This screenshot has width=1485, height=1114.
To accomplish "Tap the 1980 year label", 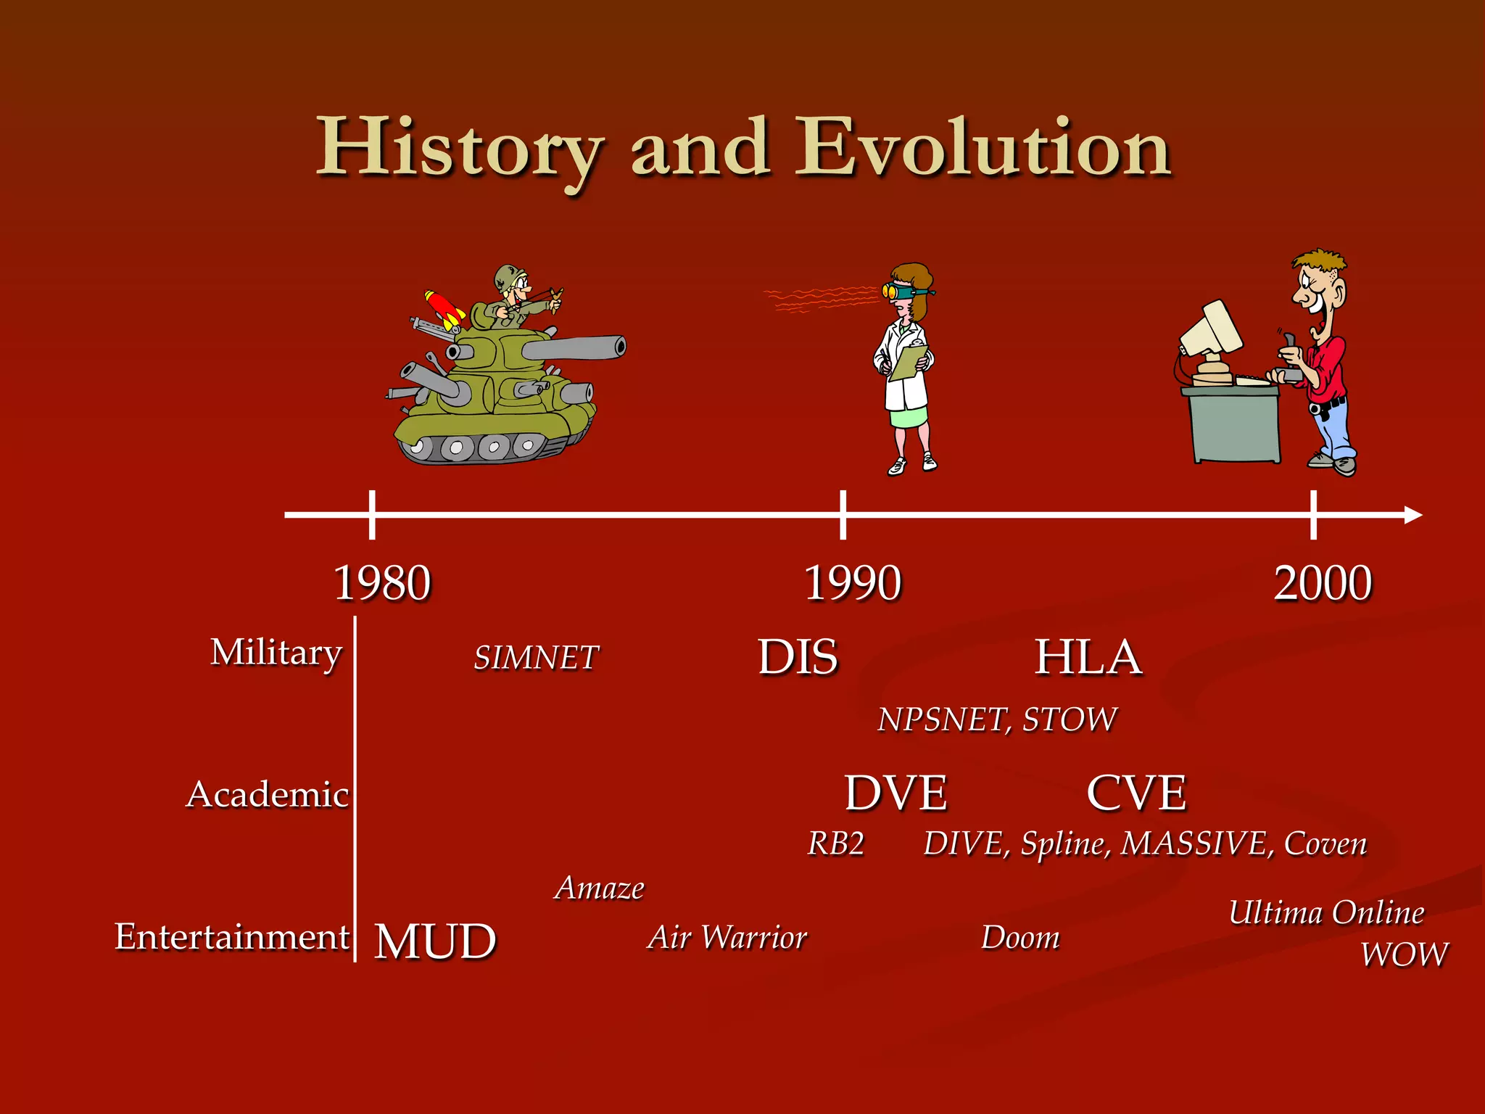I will pyautogui.click(x=382, y=583).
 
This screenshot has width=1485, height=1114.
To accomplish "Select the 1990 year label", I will pyautogui.click(x=853, y=583).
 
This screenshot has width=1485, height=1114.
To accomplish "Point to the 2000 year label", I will pyautogui.click(x=1323, y=583).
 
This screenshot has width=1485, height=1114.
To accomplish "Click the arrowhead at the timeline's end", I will pyautogui.click(x=1414, y=515).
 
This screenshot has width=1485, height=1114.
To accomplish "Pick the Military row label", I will pyautogui.click(x=276, y=653).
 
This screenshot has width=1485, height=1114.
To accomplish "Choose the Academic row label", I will pyautogui.click(x=268, y=794).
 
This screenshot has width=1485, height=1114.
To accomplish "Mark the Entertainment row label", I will pyautogui.click(x=232, y=936).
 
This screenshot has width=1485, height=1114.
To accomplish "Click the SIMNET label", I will pyautogui.click(x=536, y=658).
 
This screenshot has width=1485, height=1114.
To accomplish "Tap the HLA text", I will pyautogui.click(x=1088, y=657).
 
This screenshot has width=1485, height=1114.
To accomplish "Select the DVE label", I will pyautogui.click(x=896, y=793).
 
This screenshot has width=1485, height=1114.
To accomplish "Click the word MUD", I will pyautogui.click(x=435, y=941).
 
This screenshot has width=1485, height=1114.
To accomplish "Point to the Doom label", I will pyautogui.click(x=1020, y=938).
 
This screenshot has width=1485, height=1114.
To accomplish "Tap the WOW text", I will pyautogui.click(x=1404, y=954).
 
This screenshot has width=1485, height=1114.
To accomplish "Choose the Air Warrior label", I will pyautogui.click(x=727, y=938).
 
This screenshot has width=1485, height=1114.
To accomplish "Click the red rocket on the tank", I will pyautogui.click(x=444, y=308).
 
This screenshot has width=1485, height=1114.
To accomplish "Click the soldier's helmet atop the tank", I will pyautogui.click(x=510, y=275).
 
